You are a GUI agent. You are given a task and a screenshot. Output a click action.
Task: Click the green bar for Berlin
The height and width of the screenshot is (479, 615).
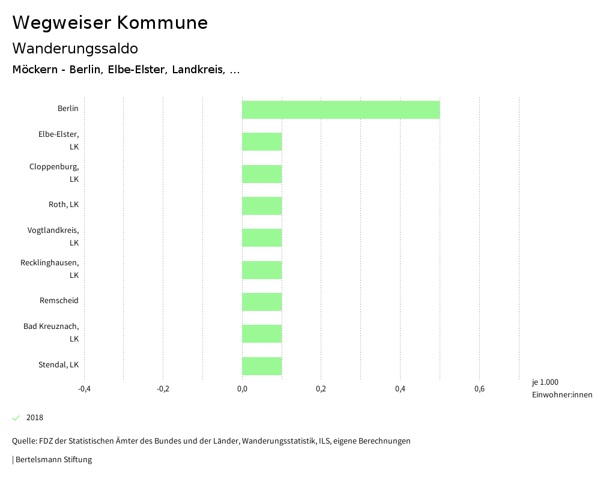click(x=341, y=110)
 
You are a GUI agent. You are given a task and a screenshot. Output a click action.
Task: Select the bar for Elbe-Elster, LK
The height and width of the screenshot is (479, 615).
click(x=262, y=142)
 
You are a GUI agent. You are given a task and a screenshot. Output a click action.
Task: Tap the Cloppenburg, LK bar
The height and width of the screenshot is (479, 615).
click(x=262, y=174)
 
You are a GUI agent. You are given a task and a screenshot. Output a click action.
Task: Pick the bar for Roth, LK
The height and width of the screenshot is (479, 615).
click(x=262, y=206)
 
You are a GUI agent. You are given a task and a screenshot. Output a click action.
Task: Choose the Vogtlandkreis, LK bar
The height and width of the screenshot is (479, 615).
click(x=262, y=238)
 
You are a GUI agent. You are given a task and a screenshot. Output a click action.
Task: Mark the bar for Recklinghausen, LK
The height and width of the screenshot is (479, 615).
click(x=262, y=270)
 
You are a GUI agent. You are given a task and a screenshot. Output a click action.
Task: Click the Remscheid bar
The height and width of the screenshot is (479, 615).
click(x=262, y=302)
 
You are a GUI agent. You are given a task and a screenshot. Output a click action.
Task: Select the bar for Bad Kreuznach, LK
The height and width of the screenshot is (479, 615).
click(x=262, y=334)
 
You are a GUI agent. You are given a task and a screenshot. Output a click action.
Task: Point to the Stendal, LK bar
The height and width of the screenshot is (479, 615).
click(x=262, y=366)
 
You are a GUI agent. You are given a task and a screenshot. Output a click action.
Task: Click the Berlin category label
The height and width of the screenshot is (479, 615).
click(x=68, y=109)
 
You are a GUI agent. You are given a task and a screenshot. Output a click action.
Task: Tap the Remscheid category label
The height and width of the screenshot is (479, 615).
click(x=59, y=301)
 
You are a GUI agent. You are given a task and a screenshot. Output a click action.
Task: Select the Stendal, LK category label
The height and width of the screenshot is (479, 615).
click(x=58, y=365)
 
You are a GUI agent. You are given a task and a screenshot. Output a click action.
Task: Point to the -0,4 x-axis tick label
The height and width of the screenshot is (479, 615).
click(x=84, y=389)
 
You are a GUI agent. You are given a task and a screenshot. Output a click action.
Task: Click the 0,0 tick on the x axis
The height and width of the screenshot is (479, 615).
click(x=242, y=389)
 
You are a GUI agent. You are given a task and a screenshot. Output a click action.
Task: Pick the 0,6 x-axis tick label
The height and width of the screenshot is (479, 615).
click(x=479, y=389)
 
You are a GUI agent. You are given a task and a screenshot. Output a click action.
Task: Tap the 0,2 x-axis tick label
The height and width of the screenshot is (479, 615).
click(x=321, y=389)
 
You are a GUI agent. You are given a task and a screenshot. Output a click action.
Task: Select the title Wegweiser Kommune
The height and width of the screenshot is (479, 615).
click(x=110, y=23)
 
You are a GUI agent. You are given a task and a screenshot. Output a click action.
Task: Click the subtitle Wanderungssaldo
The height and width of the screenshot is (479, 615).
click(x=75, y=49)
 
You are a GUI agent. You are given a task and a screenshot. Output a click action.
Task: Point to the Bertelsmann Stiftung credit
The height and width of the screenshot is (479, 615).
click(x=53, y=460)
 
